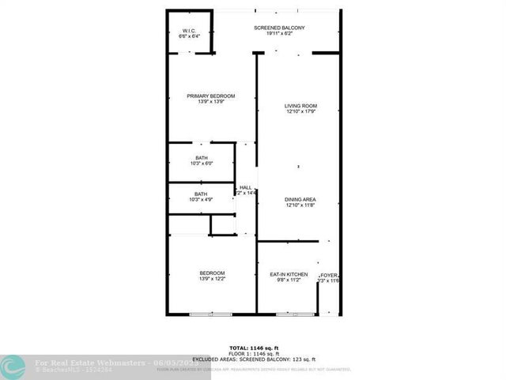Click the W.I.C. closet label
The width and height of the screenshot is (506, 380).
click(x=190, y=30)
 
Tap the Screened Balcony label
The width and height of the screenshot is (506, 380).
click(x=279, y=28)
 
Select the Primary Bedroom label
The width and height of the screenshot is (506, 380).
click(x=211, y=96)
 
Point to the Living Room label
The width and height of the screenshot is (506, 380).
click(x=300, y=106)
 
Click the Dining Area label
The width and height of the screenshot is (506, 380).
click(x=300, y=199)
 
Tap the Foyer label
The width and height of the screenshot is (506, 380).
click(x=329, y=275)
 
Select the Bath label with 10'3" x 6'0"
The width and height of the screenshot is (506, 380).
click(x=202, y=158)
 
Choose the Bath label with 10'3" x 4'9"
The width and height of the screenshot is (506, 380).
click(x=202, y=194)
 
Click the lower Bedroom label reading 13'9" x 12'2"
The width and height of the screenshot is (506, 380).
click(x=212, y=273)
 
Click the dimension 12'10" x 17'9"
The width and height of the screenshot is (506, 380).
click(x=300, y=111)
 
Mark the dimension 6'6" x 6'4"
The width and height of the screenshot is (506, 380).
click(x=190, y=36)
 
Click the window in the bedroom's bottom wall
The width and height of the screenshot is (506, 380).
click(x=211, y=314)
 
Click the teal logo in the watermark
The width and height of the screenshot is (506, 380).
click(x=11, y=366)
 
